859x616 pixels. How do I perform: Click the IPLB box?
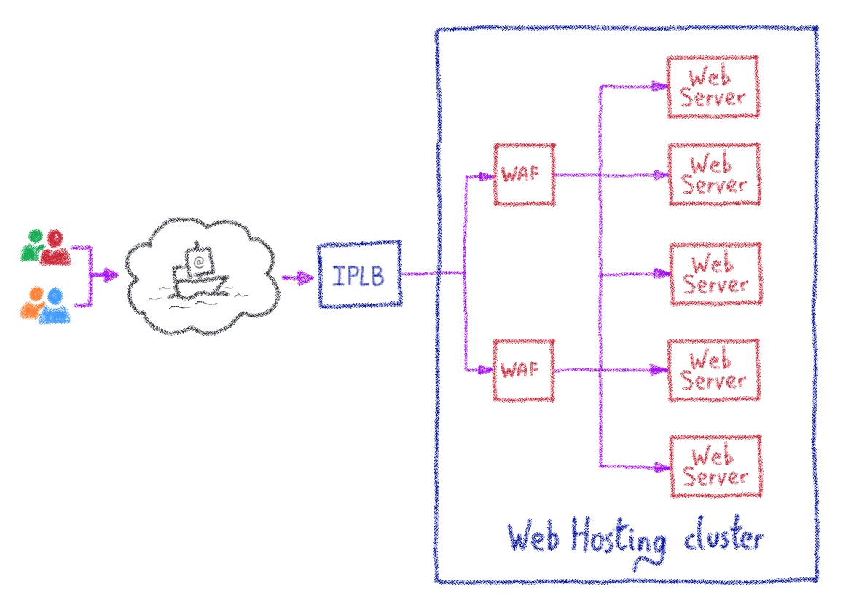360,275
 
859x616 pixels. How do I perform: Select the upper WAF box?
524,175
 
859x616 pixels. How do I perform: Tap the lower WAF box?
524,370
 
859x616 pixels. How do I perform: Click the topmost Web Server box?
713,87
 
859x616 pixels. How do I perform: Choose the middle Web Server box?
715,274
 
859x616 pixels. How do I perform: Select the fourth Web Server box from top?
715,370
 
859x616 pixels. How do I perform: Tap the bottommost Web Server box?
715,466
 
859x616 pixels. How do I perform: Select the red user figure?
55,248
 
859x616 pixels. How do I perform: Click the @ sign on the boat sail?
198,259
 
